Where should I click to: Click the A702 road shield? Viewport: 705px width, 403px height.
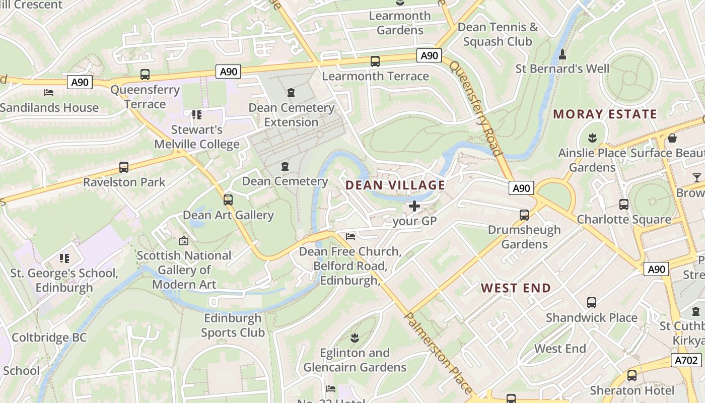[x=686, y=360]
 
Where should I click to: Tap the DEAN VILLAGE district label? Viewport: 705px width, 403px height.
[x=395, y=185]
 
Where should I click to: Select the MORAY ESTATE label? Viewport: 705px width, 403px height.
[x=605, y=114]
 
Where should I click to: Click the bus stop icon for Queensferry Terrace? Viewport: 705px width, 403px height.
[x=145, y=75]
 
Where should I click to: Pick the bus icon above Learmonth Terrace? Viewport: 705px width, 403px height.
[x=375, y=61]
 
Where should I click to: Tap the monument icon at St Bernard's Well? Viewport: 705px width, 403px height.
[x=562, y=54]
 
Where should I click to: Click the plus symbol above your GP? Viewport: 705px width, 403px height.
[x=414, y=206]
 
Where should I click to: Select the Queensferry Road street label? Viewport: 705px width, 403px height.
[x=476, y=108]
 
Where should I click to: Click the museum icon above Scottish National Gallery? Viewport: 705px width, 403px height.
[x=183, y=241]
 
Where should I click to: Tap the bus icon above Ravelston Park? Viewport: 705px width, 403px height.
[x=124, y=167]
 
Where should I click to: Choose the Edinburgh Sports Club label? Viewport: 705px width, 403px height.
[x=233, y=325]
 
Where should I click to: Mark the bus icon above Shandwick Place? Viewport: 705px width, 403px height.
[x=592, y=303]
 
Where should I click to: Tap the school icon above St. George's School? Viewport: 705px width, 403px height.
[x=64, y=258]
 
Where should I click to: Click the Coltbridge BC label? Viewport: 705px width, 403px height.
[x=49, y=338]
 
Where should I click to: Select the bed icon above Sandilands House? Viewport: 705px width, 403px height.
[x=49, y=93]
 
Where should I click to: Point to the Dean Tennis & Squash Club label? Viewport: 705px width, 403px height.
[x=498, y=34]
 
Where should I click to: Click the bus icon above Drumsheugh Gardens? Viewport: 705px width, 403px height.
[x=524, y=215]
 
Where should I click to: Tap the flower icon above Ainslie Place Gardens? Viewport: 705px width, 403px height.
[x=592, y=138]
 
